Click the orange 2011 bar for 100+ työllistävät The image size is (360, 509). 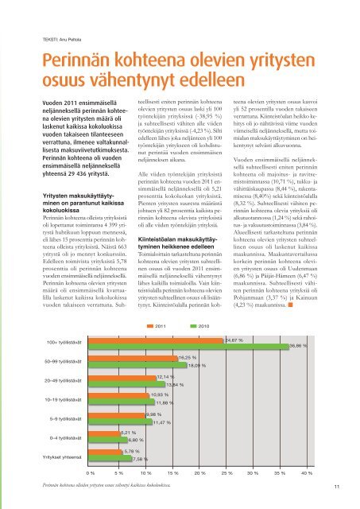click(x=156, y=341)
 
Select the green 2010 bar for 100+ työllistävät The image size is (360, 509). click(x=188, y=347)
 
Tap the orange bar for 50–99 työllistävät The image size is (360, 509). click(x=134, y=359)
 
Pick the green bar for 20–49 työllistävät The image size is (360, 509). click(x=127, y=384)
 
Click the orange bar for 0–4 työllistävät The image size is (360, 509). click(x=104, y=433)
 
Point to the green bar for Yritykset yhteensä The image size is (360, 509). click(x=110, y=458)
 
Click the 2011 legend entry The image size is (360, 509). click(x=156, y=326)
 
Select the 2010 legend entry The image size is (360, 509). click(x=199, y=326)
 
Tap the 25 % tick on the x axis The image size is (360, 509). click(x=226, y=473)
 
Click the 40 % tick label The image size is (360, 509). click(x=307, y=473)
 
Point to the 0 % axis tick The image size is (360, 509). click(x=91, y=473)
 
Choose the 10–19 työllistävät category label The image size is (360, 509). click(x=63, y=400)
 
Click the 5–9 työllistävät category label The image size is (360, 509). click(x=65, y=419)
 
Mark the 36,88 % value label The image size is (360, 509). click(x=298, y=346)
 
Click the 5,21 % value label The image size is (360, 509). click(x=128, y=433)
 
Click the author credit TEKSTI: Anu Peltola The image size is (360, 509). click(x=62, y=40)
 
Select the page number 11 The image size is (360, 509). click(x=337, y=486)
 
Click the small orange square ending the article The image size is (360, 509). click(x=290, y=305)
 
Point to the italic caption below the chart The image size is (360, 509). click(x=106, y=485)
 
